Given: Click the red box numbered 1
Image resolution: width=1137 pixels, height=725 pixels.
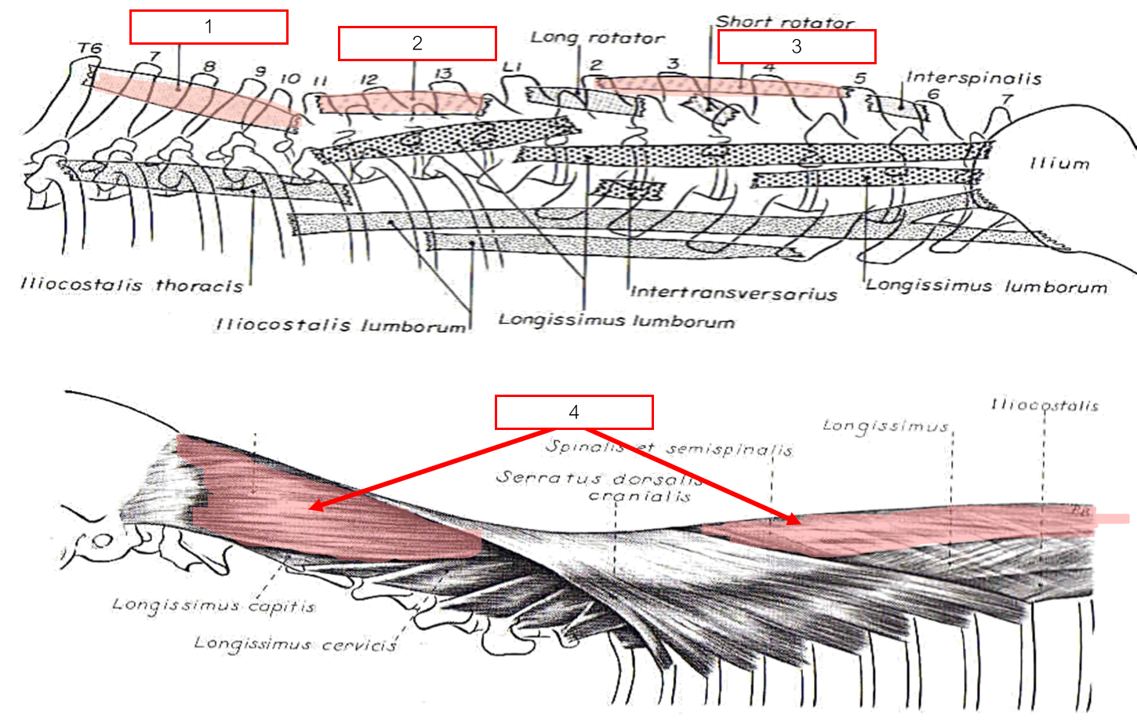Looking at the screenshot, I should click(x=209, y=27).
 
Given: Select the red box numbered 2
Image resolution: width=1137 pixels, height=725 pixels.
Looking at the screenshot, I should click(x=417, y=43).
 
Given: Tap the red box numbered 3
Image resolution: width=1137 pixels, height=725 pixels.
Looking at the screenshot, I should click(x=797, y=46).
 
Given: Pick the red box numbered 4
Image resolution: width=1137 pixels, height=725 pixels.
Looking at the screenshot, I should click(x=574, y=413).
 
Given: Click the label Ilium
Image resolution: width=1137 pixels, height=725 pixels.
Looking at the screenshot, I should click(x=1059, y=163).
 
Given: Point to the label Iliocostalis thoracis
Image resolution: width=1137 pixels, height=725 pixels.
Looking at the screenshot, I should click(x=132, y=285).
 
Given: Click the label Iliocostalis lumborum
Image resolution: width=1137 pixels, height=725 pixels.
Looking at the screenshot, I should click(x=340, y=323).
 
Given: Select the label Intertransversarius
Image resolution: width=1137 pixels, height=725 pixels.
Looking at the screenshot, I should click(x=733, y=293).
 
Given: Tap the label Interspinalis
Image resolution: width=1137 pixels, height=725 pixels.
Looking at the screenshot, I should click(x=974, y=78).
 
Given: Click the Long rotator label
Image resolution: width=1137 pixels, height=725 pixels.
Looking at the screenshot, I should click(x=598, y=38).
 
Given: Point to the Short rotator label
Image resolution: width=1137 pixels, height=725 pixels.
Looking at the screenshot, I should click(x=784, y=22).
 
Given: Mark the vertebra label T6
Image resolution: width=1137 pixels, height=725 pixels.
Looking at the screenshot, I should click(x=90, y=49).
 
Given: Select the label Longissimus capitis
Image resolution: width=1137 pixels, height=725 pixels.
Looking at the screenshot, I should click(x=213, y=605).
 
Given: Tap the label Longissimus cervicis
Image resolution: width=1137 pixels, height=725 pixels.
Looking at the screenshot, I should click(x=295, y=644).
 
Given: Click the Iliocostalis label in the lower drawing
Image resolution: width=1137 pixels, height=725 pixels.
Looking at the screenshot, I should click(x=1044, y=405).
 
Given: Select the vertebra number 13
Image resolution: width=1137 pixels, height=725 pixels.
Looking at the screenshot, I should click(x=443, y=74).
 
